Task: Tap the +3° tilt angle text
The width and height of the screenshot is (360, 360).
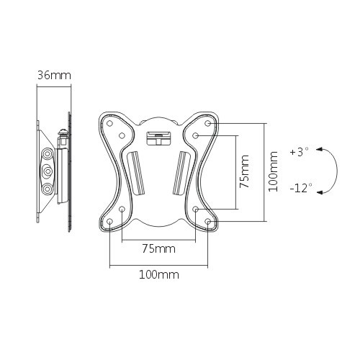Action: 298,153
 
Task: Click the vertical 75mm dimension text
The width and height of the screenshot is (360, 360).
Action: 245,171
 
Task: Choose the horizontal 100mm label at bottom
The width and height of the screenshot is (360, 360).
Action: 158,274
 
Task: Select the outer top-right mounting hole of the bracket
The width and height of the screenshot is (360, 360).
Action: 208,123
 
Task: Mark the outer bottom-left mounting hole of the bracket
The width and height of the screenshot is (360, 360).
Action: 109,222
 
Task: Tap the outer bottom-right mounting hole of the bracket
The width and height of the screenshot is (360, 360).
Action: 208,222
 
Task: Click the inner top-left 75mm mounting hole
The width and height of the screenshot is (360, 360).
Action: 122,135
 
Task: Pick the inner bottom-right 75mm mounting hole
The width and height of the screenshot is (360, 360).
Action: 196,210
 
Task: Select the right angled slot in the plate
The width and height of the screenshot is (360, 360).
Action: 181,172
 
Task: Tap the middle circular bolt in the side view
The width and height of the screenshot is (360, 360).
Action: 48,171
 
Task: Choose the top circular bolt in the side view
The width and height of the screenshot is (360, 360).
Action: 48,153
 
